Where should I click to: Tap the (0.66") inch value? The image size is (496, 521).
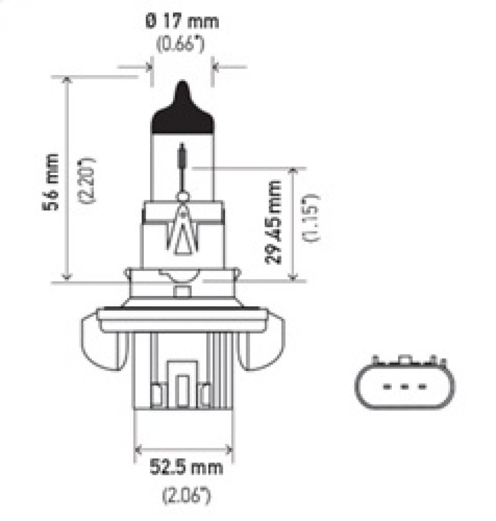pos(182,44)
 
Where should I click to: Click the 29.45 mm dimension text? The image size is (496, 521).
pos(273,222)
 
